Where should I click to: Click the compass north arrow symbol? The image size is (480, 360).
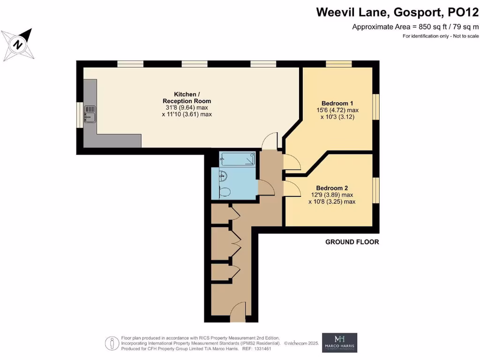[19, 44]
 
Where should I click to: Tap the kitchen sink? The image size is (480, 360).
[90, 113]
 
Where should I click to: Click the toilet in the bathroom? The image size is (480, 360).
[225, 191]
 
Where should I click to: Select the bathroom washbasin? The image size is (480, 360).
[224, 176]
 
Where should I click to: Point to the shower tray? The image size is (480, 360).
[237, 159]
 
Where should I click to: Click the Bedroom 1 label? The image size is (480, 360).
[337, 103]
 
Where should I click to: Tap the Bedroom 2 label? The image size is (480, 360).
[332, 188]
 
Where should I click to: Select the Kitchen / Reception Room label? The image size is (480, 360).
[187, 97]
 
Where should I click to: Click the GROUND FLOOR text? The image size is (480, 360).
[352, 242]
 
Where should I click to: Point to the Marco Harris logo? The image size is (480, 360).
[339, 343]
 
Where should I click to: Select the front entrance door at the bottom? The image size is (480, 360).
[238, 311]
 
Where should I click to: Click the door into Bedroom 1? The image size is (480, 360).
[292, 162]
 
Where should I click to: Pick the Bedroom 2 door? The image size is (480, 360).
[292, 190]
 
